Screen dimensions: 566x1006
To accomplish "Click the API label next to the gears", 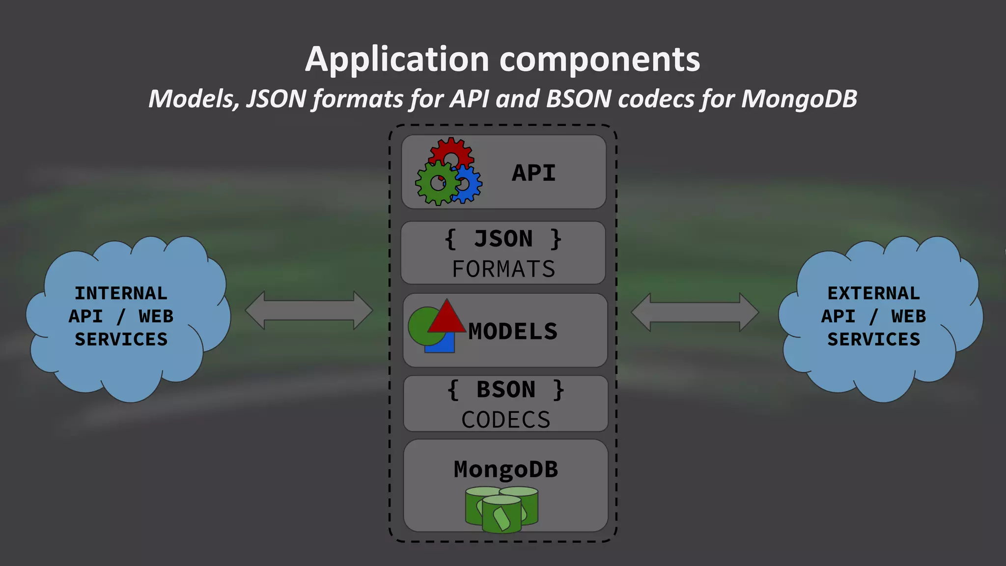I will coord(534,173).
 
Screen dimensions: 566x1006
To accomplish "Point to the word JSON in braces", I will coord(503,239).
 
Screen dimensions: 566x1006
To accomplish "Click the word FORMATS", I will coord(503,269).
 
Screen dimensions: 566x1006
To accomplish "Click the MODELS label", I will coord(513,332).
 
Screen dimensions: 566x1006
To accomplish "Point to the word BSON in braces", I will coord(506,390).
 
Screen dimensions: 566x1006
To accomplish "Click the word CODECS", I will coord(506,420).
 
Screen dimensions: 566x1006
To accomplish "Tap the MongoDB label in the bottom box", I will coord(506,470).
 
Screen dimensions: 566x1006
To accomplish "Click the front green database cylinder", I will coord(502,516).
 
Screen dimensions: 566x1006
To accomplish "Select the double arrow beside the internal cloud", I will coord(309,311).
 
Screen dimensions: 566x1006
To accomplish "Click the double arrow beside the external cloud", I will coord(695,312).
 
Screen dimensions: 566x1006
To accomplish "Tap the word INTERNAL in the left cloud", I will coord(121,293).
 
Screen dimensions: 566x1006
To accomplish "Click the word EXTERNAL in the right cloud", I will coord(873,293).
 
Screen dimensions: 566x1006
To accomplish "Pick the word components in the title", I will coord(600,60).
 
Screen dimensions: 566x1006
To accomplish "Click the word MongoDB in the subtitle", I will coord(799,99).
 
